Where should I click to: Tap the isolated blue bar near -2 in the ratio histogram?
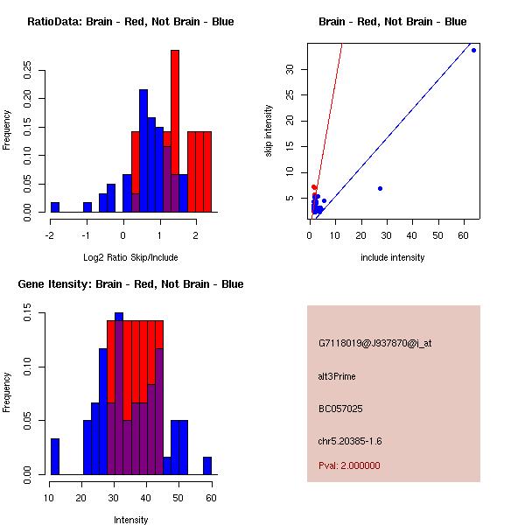55,207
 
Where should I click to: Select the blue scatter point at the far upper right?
473,50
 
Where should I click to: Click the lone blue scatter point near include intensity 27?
380,188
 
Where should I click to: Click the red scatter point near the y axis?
314,187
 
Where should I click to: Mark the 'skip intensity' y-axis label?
269,131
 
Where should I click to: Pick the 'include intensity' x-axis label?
393,257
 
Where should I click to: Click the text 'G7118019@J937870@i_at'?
375,343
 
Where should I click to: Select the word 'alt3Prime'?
338,376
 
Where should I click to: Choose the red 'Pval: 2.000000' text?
350,465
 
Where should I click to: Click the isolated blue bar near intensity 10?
55,457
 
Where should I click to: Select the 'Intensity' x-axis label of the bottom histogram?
130,520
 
